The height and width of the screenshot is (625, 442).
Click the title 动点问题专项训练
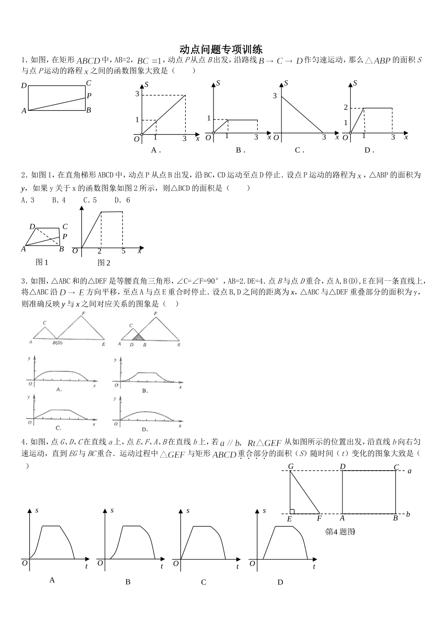tap(221, 49)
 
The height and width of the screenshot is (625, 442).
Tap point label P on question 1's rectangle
tap(89, 96)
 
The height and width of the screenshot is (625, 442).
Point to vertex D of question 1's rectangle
tap(24, 86)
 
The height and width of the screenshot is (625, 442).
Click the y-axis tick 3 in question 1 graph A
tap(137, 94)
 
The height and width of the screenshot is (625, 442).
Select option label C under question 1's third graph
tap(299, 150)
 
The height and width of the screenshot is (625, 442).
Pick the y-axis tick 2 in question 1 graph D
tap(346, 107)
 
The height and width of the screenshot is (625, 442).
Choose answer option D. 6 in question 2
tap(122, 200)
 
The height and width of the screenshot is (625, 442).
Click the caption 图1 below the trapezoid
tap(42, 262)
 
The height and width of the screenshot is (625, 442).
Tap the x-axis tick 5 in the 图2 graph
tap(123, 252)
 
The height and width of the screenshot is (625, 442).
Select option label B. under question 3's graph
tap(145, 391)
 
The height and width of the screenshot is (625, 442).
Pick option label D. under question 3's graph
tap(145, 429)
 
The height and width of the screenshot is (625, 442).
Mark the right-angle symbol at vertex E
tap(292, 511)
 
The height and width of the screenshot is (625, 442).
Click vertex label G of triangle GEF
tap(290, 466)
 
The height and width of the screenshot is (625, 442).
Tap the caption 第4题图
tap(340, 532)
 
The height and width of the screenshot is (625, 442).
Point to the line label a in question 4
tap(409, 471)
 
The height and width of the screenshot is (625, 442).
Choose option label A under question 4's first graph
tap(52, 580)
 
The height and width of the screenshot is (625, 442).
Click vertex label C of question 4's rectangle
tap(396, 467)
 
